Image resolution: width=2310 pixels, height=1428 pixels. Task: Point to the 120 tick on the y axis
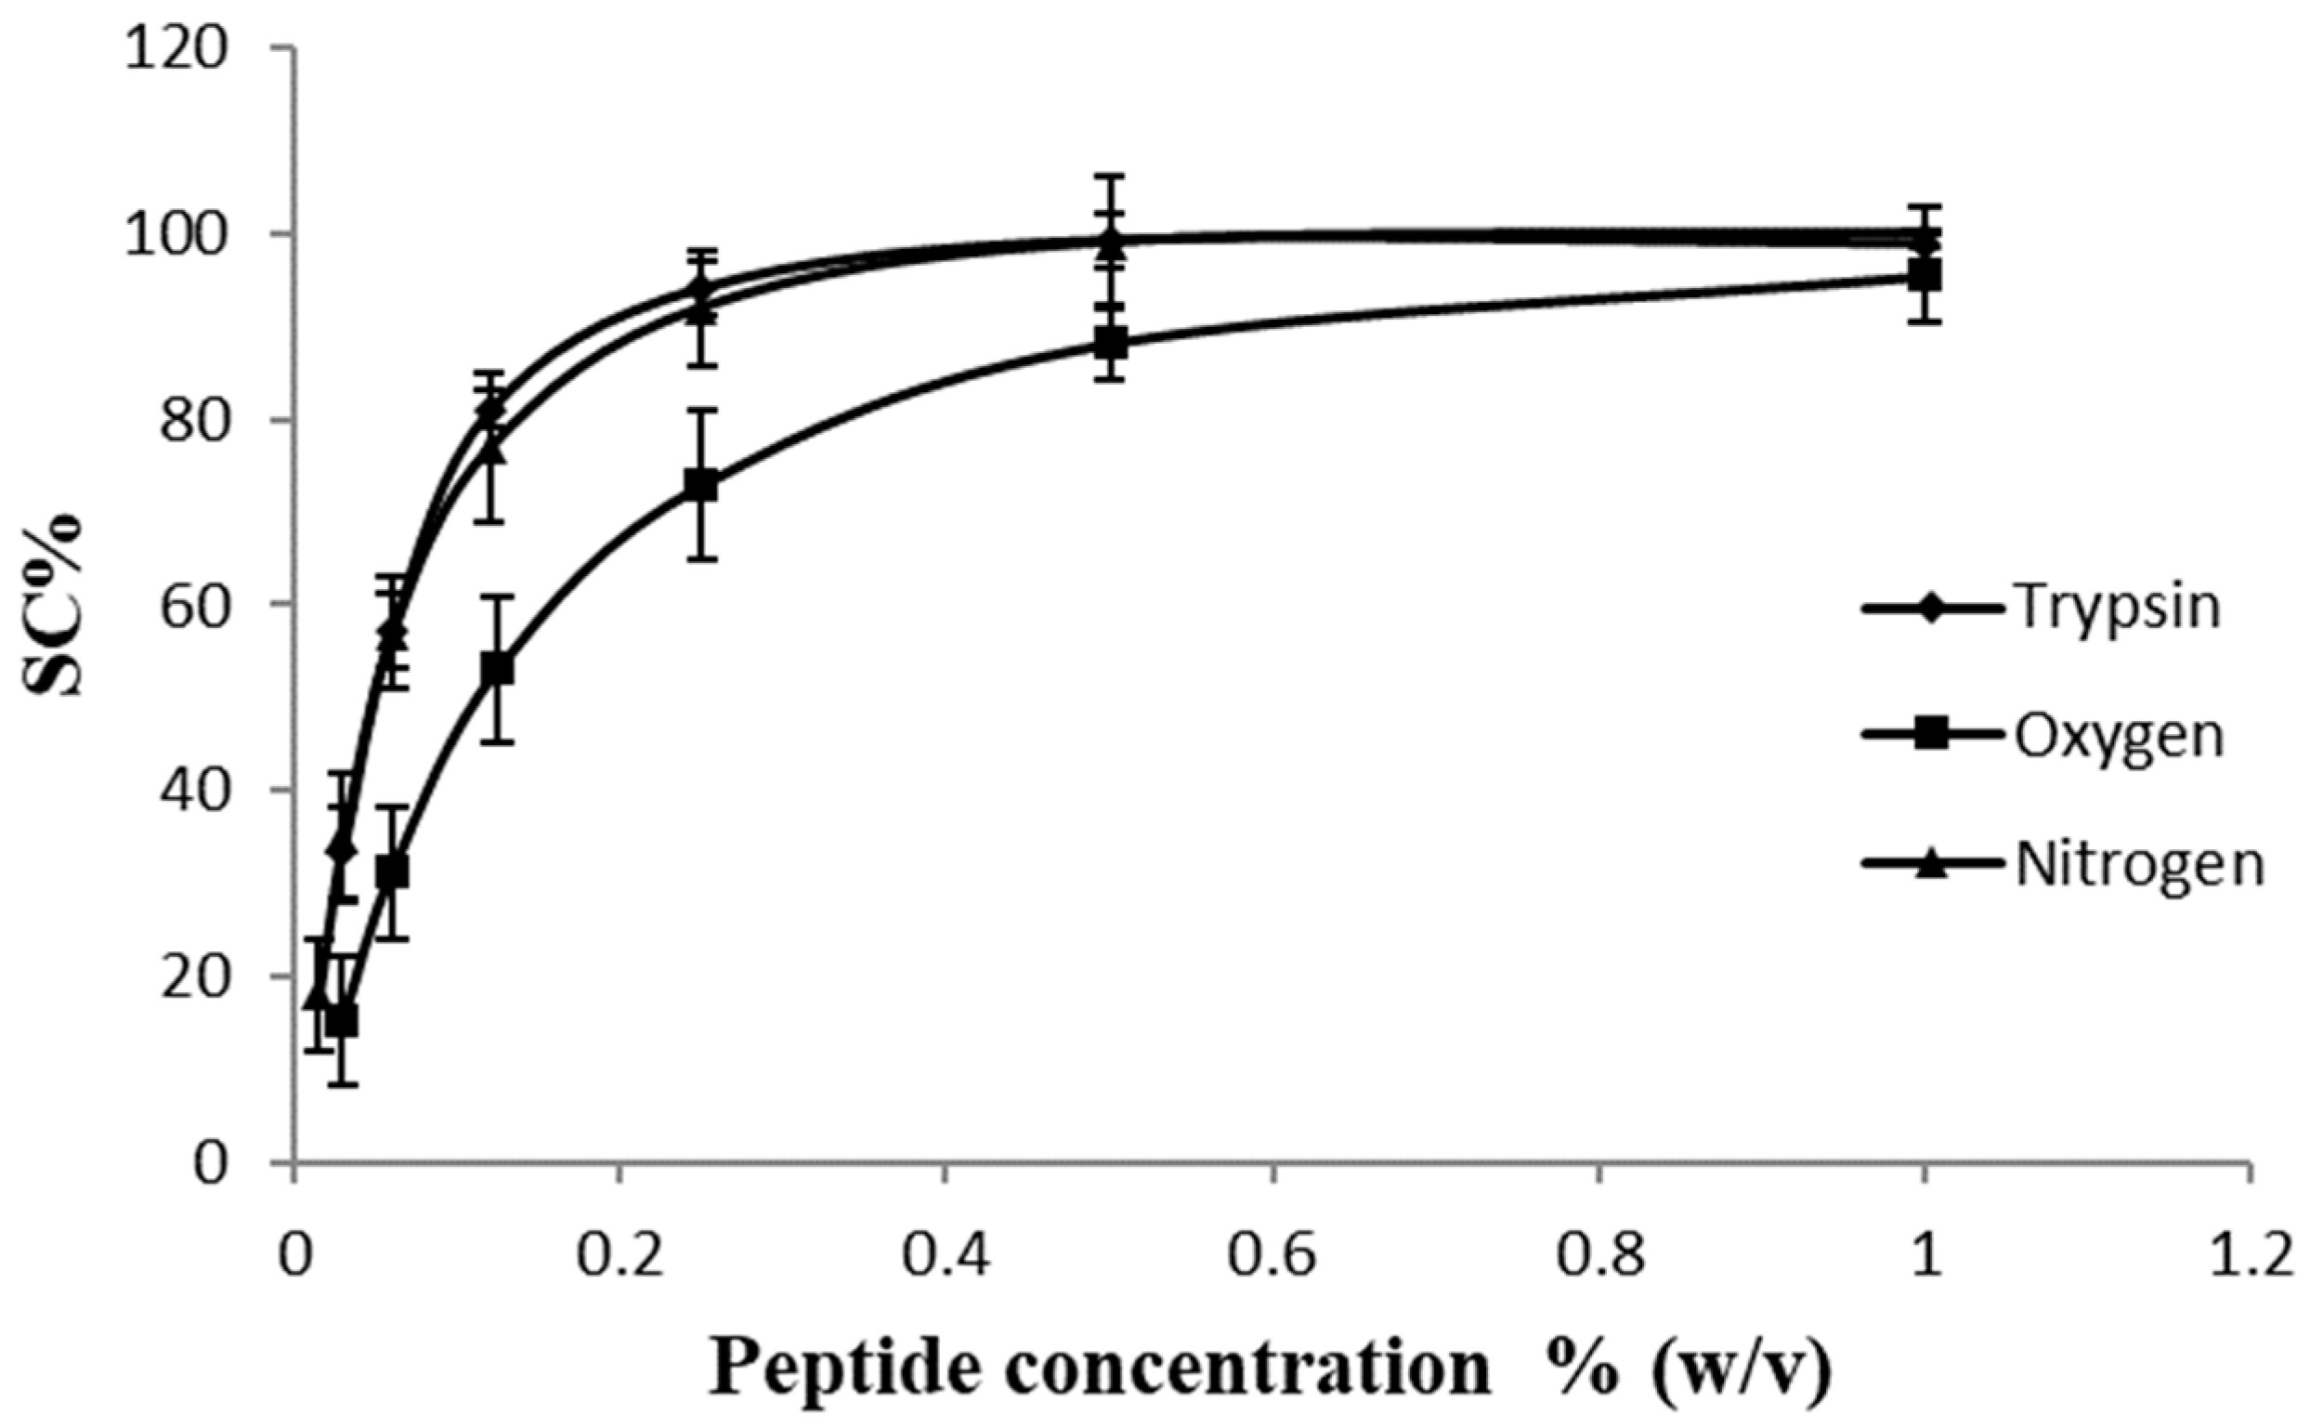click(183, 49)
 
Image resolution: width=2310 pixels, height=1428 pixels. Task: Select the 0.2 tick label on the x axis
click(619, 1259)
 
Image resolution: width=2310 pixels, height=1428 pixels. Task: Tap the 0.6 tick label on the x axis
click(1273, 1259)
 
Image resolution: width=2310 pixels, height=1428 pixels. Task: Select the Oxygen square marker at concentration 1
click(1924, 277)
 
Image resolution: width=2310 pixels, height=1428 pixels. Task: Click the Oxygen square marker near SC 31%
click(392, 871)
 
